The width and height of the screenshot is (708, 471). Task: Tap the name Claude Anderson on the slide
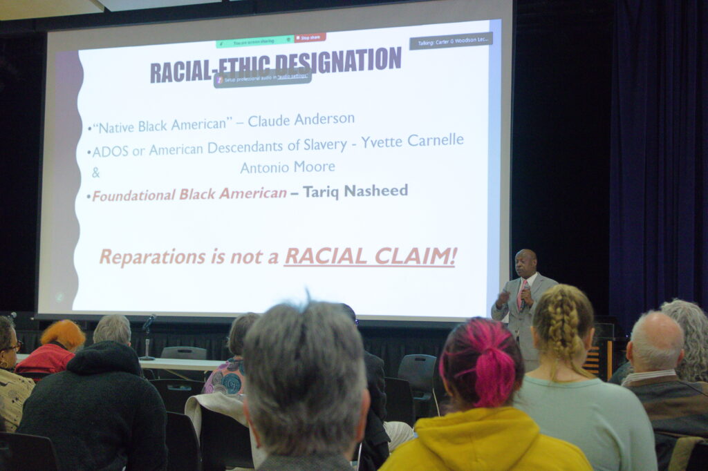(x=301, y=120)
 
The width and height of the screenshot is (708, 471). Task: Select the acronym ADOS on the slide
(x=111, y=151)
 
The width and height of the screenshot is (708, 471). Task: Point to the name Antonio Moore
(x=288, y=167)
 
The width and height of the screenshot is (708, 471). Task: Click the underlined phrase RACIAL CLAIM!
(x=370, y=256)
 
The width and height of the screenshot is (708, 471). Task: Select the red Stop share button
(x=310, y=37)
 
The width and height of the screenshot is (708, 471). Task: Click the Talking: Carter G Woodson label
(x=451, y=41)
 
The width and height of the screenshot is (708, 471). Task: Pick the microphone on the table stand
(x=149, y=322)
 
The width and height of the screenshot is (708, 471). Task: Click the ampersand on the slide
(x=96, y=172)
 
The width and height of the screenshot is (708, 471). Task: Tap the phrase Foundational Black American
(x=189, y=195)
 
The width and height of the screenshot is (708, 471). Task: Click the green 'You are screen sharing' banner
(x=254, y=41)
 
